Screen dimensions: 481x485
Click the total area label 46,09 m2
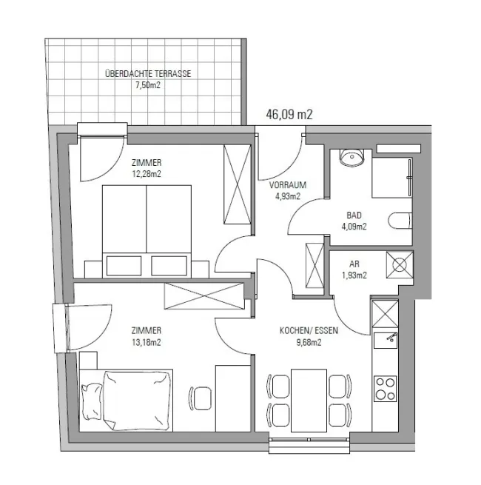(289, 115)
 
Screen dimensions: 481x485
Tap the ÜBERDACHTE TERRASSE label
(148, 74)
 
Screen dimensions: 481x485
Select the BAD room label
(354, 215)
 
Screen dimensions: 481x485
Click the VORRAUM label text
(288, 185)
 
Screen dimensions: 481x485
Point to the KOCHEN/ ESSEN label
(309, 331)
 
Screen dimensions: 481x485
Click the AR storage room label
(354, 264)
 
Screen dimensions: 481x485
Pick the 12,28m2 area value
(147, 174)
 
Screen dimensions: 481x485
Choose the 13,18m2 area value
(147, 342)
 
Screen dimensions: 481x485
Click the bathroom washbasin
(351, 157)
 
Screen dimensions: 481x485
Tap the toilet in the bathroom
(400, 221)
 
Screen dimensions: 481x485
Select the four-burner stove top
(386, 389)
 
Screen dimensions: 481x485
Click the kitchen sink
(386, 341)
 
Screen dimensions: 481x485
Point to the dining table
(309, 401)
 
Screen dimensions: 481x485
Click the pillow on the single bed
(92, 401)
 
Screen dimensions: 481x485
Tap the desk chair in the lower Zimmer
(201, 398)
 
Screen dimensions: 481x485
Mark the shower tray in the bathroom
(391, 178)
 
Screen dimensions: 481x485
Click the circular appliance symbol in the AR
(400, 265)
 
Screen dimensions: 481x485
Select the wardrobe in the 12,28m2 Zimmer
(237, 184)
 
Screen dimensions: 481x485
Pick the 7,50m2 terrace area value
(148, 85)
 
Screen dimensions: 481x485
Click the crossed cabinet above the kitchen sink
(386, 314)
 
